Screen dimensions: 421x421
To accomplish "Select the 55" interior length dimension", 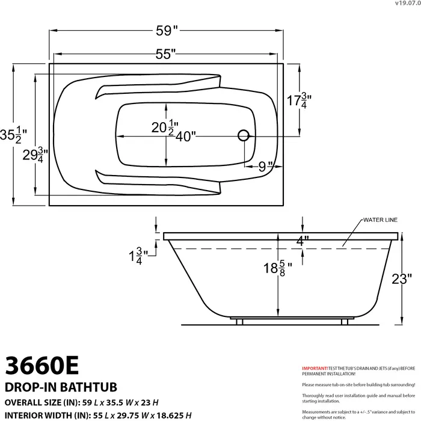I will coord(165,54).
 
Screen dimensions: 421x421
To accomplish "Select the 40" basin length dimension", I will coord(186,137).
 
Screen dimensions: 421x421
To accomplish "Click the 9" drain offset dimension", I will coord(265,167).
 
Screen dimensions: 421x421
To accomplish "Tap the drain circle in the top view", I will coord(244,135).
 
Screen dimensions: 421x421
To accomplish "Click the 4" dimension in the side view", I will coord(303,239).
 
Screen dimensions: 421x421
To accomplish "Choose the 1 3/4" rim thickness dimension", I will coord(135,256).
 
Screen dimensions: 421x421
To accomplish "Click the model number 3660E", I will coord(41,365).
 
